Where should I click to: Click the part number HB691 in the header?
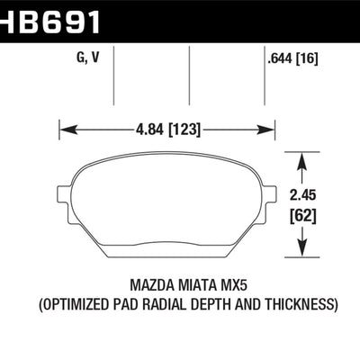(49, 22)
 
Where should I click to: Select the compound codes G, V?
(87, 58)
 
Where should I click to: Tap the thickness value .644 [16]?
(292, 58)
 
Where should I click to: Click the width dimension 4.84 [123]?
(167, 130)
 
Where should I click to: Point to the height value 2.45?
(303, 195)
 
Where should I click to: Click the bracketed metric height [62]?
(303, 215)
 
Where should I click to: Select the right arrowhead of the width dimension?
(265, 130)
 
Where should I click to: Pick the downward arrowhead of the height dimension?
(302, 247)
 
